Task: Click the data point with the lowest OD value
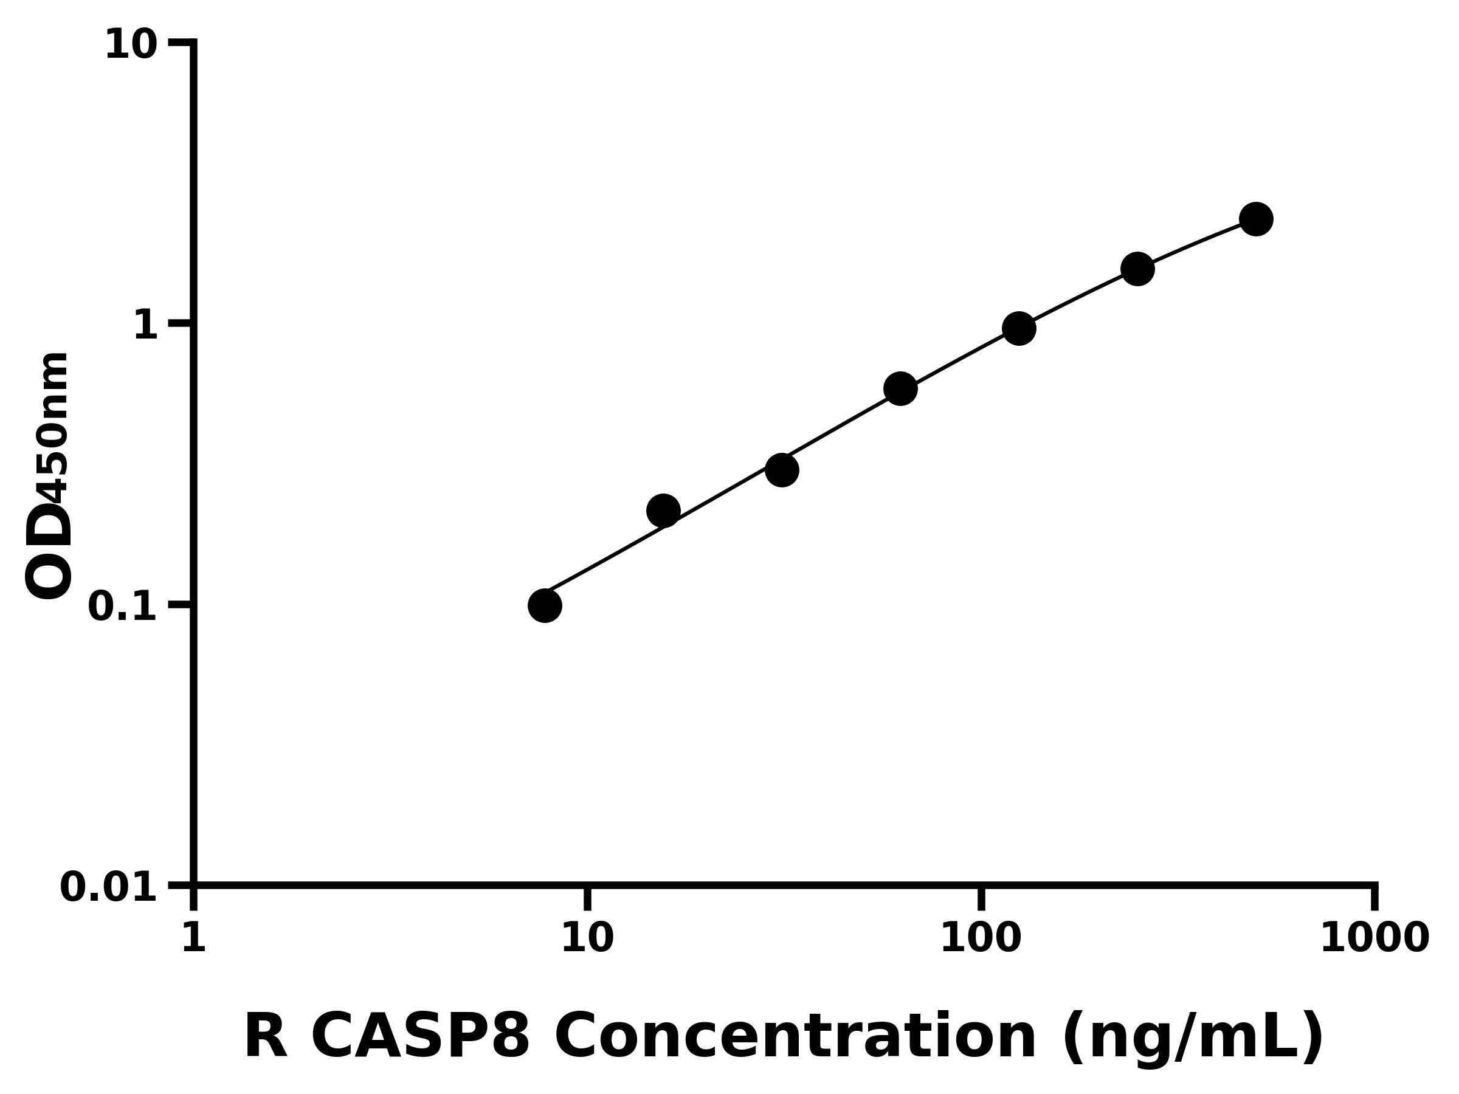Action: point(545,605)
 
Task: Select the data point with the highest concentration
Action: point(1257,219)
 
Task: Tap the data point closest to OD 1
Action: point(1019,328)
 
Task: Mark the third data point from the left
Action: point(782,470)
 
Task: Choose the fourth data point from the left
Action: point(900,388)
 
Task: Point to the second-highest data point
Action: point(1138,269)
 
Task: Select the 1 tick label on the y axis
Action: point(146,326)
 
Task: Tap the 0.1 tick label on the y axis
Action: point(123,607)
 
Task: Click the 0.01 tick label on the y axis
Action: point(109,887)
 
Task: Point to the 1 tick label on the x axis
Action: point(194,938)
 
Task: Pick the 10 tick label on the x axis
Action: point(587,938)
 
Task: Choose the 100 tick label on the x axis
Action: point(981,938)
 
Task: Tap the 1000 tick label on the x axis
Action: point(1374,938)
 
